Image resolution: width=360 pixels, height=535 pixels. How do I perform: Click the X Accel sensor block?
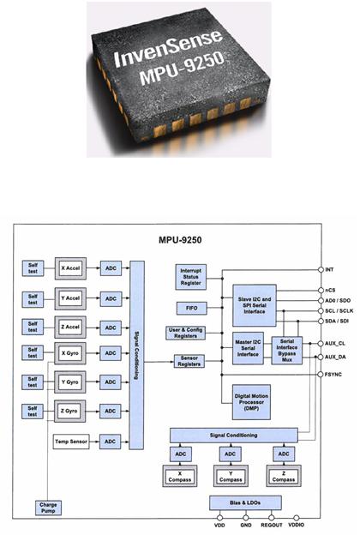70,268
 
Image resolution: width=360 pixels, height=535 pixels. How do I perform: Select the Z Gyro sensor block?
69,412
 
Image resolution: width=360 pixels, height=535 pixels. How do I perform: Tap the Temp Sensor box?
71,442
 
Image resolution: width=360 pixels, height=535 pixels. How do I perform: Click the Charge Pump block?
48,508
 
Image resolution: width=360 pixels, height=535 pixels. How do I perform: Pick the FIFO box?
192,308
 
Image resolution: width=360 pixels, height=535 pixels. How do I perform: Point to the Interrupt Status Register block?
191,277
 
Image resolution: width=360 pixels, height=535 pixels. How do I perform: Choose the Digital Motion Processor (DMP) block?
251,402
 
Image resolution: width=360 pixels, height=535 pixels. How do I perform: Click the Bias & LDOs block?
245,503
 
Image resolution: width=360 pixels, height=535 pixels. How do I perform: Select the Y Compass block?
231,477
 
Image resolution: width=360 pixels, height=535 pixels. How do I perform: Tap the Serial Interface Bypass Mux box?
287,351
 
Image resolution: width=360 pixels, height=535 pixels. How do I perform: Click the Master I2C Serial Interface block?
248,348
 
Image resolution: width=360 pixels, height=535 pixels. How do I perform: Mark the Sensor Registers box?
189,361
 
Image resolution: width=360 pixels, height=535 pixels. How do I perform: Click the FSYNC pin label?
333,375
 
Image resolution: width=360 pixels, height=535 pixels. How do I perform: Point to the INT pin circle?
321,269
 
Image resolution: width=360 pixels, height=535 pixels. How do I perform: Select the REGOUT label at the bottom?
272,525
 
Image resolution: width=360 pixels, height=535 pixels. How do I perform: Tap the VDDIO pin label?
297,525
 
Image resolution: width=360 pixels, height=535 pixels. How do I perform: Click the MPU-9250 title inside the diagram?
180,240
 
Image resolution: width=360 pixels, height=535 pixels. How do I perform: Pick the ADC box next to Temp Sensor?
110,442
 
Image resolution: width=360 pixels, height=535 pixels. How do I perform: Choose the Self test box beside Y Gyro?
33,382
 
